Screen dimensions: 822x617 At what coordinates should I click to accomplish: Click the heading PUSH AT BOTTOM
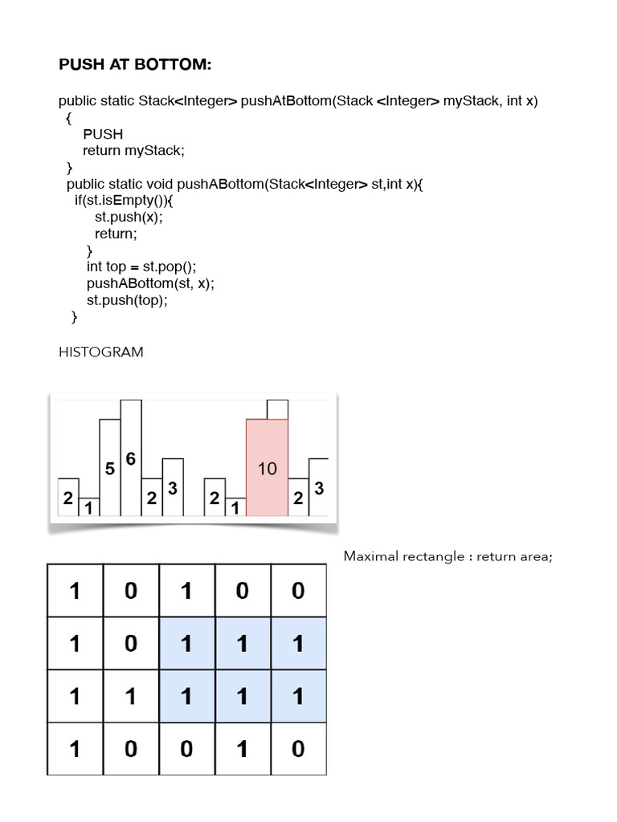click(x=135, y=64)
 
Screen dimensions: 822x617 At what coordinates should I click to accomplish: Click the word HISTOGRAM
click(x=101, y=352)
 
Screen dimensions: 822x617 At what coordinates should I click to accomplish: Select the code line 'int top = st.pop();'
click(x=141, y=267)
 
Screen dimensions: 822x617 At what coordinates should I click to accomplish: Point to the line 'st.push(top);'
click(x=128, y=300)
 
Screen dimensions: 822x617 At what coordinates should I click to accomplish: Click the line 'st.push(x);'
click(x=133, y=217)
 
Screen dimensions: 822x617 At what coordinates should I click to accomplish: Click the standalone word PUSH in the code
click(x=103, y=134)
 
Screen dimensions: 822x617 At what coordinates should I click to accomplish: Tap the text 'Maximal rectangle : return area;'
click(x=447, y=556)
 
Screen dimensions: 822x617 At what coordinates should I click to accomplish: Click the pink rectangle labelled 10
click(x=267, y=468)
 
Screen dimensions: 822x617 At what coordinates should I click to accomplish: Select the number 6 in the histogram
click(x=131, y=458)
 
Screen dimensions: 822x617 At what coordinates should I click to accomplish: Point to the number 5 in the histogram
click(x=110, y=468)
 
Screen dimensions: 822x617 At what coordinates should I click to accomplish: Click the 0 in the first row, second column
click(x=131, y=591)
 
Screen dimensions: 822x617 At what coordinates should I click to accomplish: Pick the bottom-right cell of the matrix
click(x=298, y=749)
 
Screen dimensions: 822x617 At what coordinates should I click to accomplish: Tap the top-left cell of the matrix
click(x=75, y=591)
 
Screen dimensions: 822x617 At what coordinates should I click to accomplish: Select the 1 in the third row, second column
click(x=131, y=696)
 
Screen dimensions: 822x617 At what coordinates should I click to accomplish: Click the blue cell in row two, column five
click(x=298, y=644)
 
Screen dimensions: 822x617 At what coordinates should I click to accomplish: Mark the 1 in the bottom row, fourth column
click(x=243, y=749)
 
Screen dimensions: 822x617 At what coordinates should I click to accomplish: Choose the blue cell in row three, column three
click(x=187, y=696)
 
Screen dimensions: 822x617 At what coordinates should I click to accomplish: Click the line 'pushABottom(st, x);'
click(x=151, y=283)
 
